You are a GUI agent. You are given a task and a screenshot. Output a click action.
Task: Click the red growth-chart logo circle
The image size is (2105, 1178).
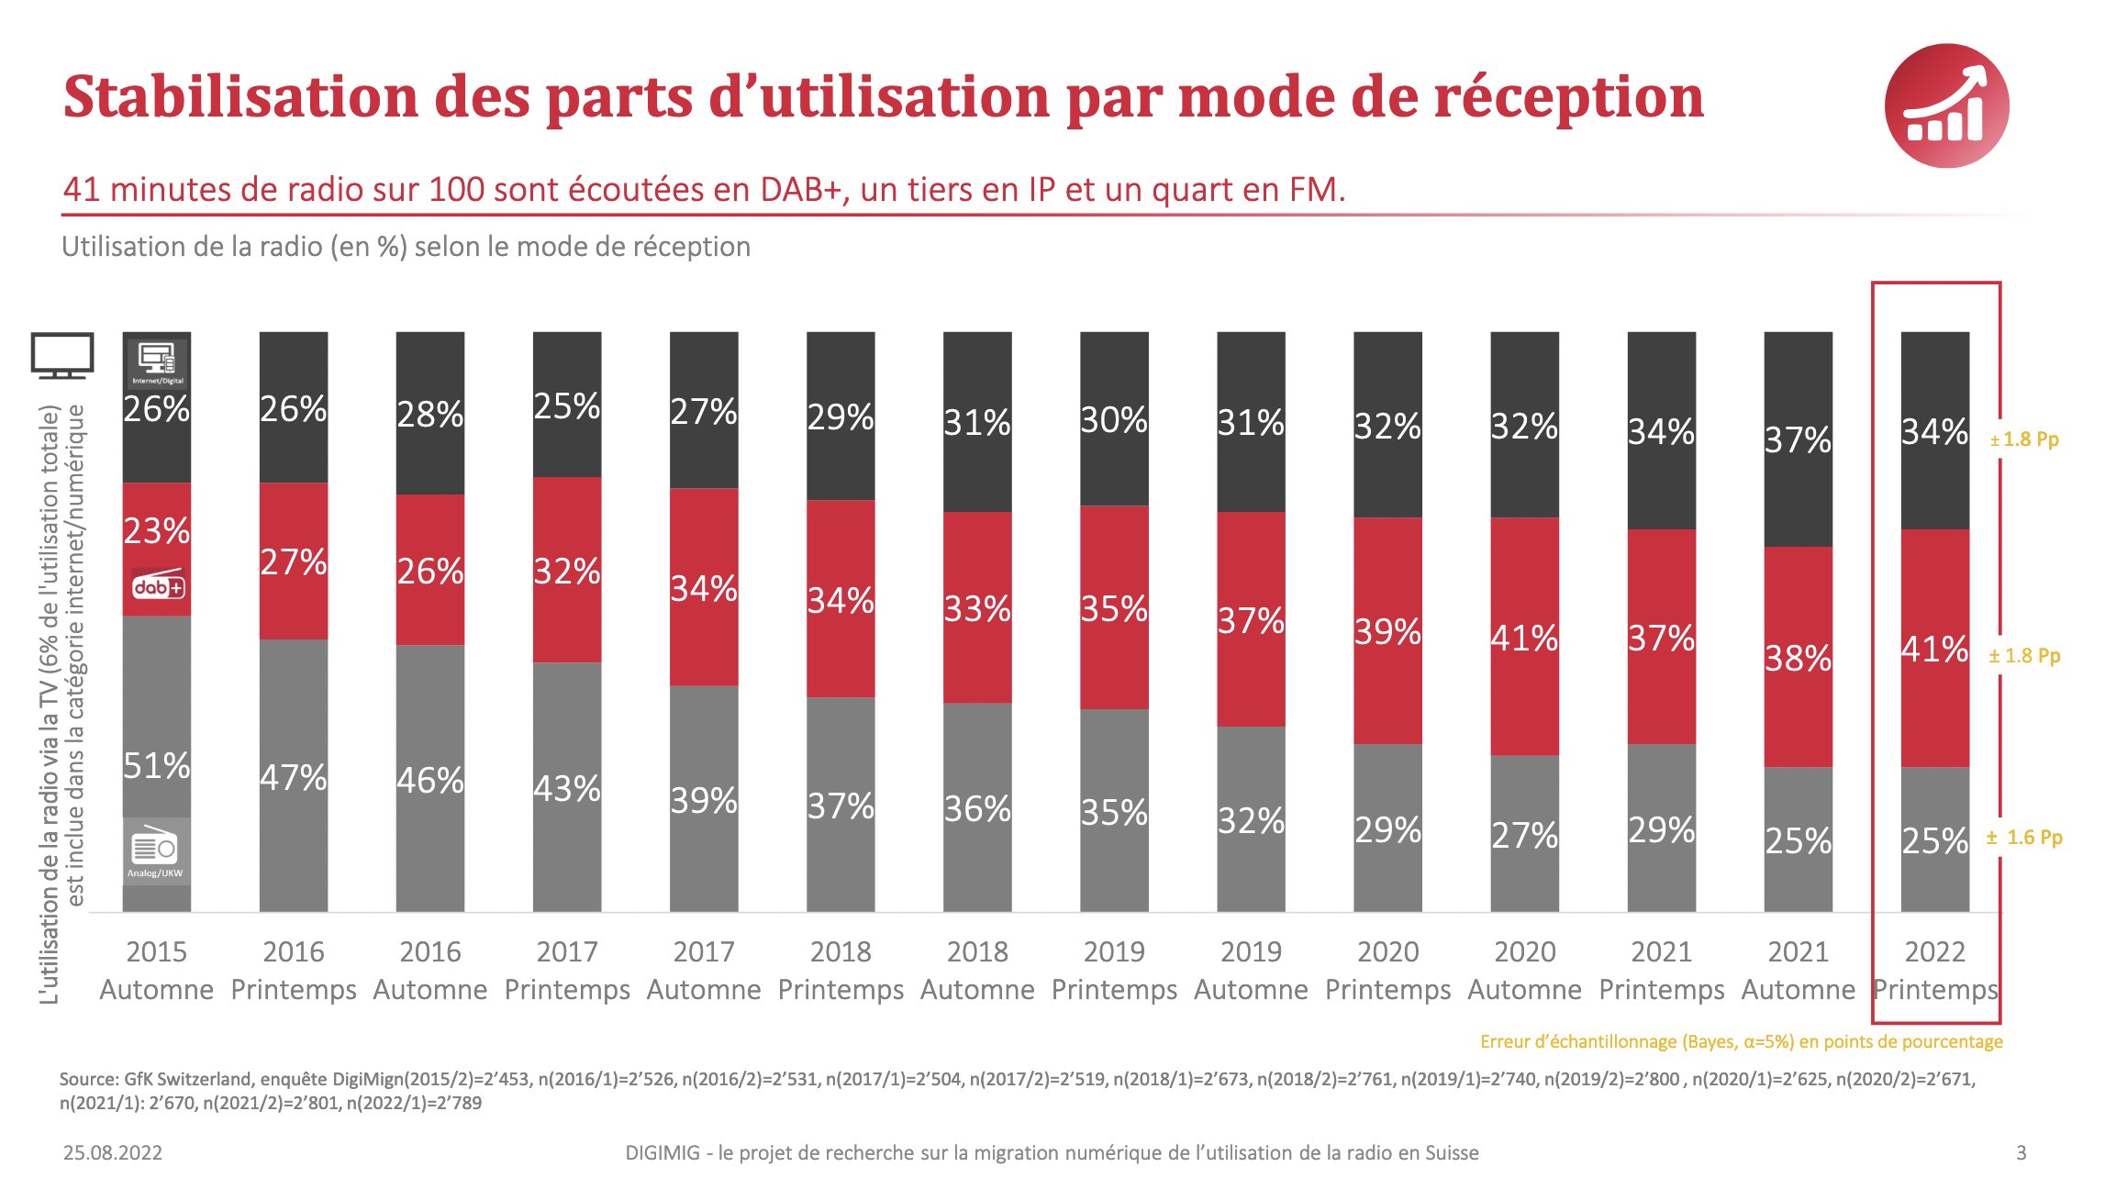(x=1946, y=106)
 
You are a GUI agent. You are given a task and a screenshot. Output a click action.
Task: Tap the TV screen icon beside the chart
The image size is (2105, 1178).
(x=62, y=355)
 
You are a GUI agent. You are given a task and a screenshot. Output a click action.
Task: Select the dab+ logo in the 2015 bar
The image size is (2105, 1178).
(x=158, y=586)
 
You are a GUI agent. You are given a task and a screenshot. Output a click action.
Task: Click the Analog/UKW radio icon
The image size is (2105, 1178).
(x=156, y=851)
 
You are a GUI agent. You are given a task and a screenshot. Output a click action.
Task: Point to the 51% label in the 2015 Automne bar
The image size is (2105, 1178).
(x=157, y=765)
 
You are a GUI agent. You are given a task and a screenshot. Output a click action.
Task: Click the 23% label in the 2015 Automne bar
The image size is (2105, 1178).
(x=157, y=530)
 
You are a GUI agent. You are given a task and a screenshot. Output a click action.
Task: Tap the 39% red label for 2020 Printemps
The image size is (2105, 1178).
(x=1387, y=631)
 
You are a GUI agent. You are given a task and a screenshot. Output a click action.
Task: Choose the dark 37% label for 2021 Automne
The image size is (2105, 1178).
(x=1798, y=439)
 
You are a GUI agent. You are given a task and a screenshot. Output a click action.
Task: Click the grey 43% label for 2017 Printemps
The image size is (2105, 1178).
(x=567, y=788)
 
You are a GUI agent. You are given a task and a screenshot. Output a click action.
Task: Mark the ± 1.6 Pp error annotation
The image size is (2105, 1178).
(x=2024, y=838)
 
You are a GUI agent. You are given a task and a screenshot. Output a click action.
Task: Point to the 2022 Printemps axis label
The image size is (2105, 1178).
(x=1935, y=971)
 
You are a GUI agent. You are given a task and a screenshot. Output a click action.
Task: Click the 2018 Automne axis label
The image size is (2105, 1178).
(x=977, y=971)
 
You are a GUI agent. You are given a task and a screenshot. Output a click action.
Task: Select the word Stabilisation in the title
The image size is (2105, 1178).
(x=241, y=96)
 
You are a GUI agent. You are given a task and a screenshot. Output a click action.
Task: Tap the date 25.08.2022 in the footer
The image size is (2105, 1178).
(x=113, y=1152)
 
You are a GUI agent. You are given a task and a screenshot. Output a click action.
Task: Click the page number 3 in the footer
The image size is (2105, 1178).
(x=2021, y=1152)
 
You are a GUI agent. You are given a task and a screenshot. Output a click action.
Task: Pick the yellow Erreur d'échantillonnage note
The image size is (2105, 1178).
(x=1741, y=1041)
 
